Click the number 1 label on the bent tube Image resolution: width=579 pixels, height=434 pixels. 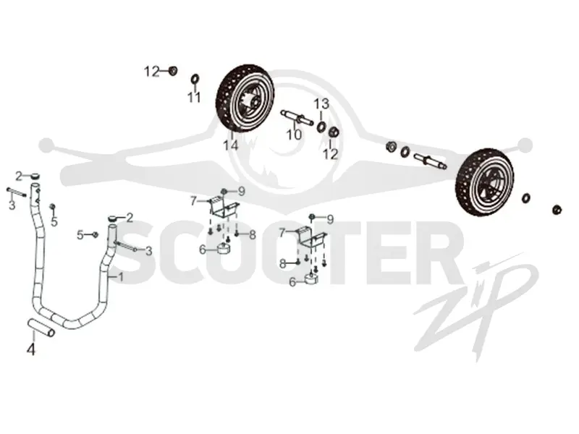(121, 277)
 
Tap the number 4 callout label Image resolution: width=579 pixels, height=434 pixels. (31, 349)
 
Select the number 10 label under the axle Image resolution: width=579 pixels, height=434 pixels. (295, 135)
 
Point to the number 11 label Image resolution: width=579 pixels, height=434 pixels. (194, 98)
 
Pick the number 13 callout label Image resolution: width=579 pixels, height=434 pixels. (321, 104)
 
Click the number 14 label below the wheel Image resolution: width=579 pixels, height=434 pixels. (230, 145)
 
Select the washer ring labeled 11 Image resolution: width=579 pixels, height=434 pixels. (195, 79)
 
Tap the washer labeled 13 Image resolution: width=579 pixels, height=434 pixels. (321, 127)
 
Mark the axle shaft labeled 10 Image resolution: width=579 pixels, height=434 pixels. (297, 116)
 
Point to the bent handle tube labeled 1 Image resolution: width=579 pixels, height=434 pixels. (71, 258)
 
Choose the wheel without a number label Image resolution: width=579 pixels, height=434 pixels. (484, 182)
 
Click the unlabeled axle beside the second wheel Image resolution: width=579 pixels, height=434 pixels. (431, 161)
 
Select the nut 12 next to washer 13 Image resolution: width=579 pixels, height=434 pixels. (334, 132)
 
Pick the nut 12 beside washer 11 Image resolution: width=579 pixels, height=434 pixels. (173, 70)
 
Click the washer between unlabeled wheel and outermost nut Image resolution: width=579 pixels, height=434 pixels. (526, 197)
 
